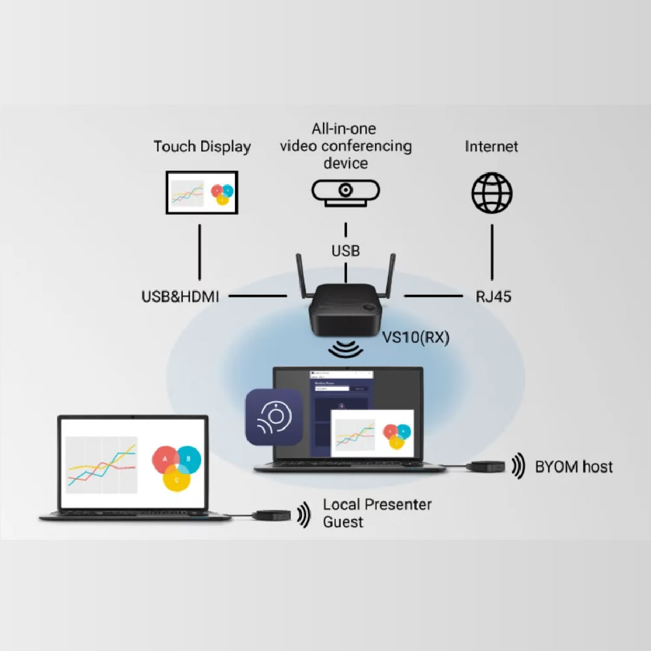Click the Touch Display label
click(x=202, y=146)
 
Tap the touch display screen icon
click(x=202, y=192)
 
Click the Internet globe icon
click(x=492, y=193)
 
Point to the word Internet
click(x=492, y=146)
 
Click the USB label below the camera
click(x=346, y=251)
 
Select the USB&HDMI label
click(x=180, y=297)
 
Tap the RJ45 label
click(x=493, y=297)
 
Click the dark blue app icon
click(x=273, y=417)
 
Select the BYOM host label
click(x=574, y=466)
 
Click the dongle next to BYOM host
click(x=483, y=466)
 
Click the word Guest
click(x=343, y=522)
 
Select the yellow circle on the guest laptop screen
click(x=176, y=478)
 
